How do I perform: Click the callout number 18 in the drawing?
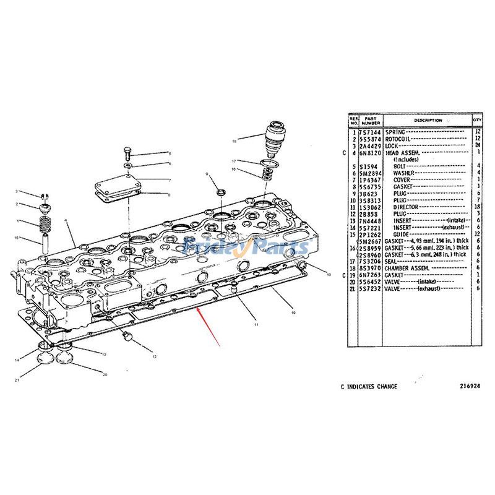coord(235,141)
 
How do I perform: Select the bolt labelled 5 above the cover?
coord(127,151)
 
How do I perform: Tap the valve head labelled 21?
coord(42,357)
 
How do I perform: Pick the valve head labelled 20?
coord(66,357)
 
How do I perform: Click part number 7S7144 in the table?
coord(371,132)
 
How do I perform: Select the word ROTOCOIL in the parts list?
coord(398,139)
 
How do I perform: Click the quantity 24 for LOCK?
coord(477,145)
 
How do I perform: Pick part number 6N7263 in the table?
coord(371,275)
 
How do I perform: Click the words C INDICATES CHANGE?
coord(369,386)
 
